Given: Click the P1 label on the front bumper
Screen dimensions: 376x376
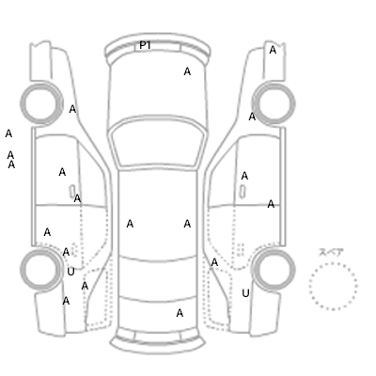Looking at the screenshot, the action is point(145,45).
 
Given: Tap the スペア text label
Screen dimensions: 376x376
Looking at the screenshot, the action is point(331,252).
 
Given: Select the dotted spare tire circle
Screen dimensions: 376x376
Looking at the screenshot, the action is point(333,286).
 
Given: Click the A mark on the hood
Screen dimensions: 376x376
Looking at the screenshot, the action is point(187,71).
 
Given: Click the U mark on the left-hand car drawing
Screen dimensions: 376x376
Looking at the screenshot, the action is point(70,272).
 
